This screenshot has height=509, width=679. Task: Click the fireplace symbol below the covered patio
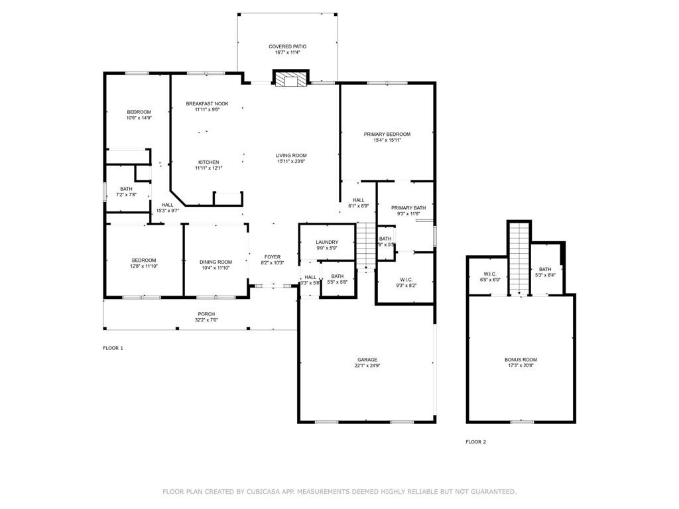point(291,80)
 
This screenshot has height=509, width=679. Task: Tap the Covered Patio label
point(287,46)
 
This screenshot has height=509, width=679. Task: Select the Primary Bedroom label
point(387,134)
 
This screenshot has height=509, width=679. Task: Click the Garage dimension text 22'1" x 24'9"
point(367,365)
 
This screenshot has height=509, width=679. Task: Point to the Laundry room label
point(327,243)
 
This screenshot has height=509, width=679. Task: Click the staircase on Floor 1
point(366,245)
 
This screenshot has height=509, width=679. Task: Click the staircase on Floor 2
point(519,258)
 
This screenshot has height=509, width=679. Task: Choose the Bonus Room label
point(521,359)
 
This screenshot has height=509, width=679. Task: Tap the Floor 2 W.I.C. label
point(490,274)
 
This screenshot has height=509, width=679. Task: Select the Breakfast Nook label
point(207,103)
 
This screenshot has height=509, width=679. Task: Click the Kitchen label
point(208,162)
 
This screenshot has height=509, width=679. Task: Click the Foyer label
point(273,256)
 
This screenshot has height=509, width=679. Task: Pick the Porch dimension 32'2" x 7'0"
point(206,320)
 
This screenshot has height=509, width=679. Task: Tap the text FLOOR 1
point(113,348)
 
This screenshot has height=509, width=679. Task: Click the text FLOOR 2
point(475,441)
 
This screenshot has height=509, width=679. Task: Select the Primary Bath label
point(408,207)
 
